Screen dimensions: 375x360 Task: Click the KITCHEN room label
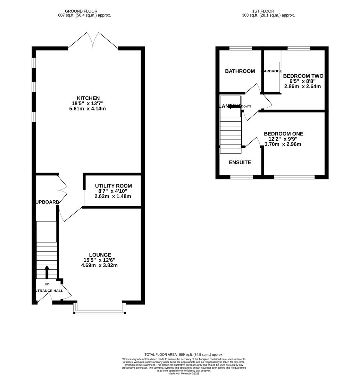(x=88, y=98)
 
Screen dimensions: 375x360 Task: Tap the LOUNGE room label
(x=100, y=255)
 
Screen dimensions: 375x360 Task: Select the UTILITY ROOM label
(x=113, y=186)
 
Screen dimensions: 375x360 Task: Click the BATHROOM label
(x=240, y=71)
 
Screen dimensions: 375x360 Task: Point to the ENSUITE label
(x=240, y=162)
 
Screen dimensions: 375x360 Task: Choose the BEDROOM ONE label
(x=283, y=134)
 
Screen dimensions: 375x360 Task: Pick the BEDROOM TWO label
(x=303, y=76)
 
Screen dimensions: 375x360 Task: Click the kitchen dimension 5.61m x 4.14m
(x=87, y=109)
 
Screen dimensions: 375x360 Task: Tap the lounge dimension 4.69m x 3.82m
(x=99, y=265)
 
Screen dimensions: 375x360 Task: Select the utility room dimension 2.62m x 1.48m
(x=113, y=196)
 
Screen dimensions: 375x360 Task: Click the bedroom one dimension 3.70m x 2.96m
(x=283, y=144)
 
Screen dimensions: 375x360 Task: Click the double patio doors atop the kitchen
(x=93, y=41)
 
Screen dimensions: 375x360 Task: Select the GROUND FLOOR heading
(x=81, y=11)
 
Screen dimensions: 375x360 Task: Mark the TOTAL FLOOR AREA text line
(x=184, y=355)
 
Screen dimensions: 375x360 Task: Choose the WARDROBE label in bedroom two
(x=271, y=71)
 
